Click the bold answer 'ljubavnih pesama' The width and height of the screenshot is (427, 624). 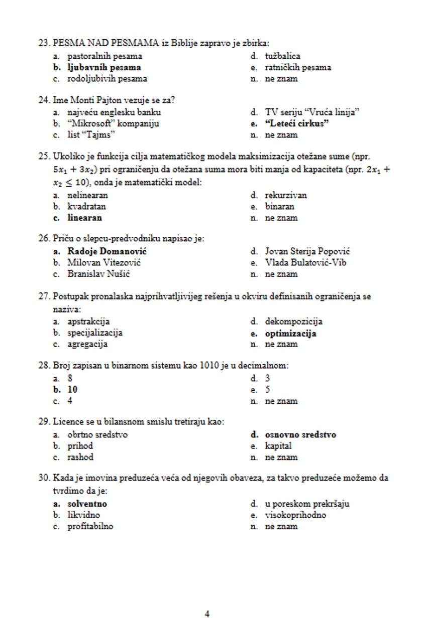click(x=104, y=67)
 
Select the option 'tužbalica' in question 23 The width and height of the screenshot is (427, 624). click(x=283, y=56)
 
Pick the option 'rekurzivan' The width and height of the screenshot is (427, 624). click(x=286, y=195)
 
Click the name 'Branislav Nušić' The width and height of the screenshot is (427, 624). click(x=99, y=274)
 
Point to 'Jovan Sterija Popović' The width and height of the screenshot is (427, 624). click(x=307, y=251)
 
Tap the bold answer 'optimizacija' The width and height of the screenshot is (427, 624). click(x=291, y=333)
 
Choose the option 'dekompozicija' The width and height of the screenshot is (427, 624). click(x=294, y=322)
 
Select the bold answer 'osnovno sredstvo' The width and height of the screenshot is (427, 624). click(x=300, y=434)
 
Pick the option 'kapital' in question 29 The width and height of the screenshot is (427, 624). click(x=278, y=446)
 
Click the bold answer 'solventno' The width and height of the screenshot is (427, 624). click(x=87, y=504)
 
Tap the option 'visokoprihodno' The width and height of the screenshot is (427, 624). click(x=295, y=515)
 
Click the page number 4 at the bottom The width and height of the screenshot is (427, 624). click(x=207, y=614)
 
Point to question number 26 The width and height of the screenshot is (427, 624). click(x=44, y=239)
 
